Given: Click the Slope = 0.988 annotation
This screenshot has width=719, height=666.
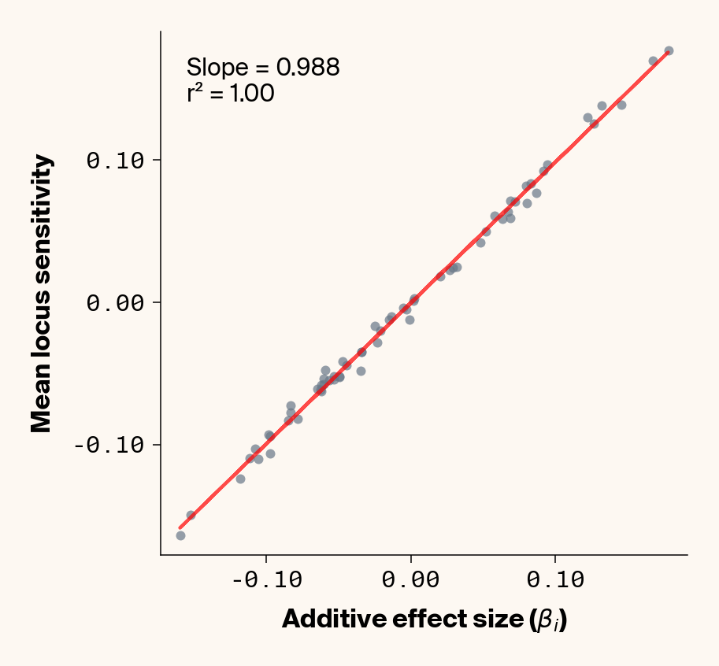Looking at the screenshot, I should tap(263, 68).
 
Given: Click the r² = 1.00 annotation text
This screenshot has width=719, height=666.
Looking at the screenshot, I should tap(231, 94).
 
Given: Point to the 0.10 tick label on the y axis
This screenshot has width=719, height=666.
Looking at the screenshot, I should tap(115, 161).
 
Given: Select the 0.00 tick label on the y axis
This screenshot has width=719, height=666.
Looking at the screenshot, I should tap(115, 303).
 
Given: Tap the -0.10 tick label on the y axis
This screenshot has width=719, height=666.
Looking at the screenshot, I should tap(109, 446).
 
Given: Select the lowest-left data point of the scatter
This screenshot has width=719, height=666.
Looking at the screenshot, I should tap(180, 535).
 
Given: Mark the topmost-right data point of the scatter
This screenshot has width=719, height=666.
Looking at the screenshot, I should tap(669, 50).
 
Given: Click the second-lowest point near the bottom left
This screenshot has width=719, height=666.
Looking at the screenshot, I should tap(191, 515).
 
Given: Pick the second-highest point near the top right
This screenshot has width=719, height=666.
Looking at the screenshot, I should tap(653, 61).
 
